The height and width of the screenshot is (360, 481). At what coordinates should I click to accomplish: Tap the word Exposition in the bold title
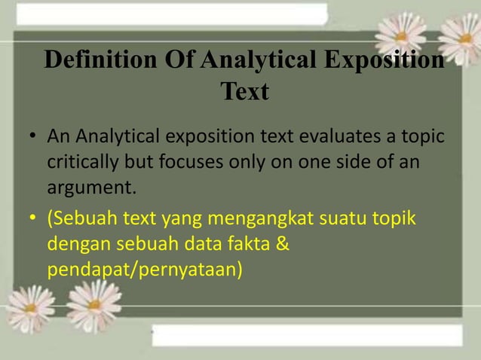[x=384, y=61]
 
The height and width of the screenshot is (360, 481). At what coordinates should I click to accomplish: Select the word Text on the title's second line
[x=244, y=93]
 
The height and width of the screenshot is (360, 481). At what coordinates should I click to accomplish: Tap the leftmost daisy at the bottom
[x=30, y=307]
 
